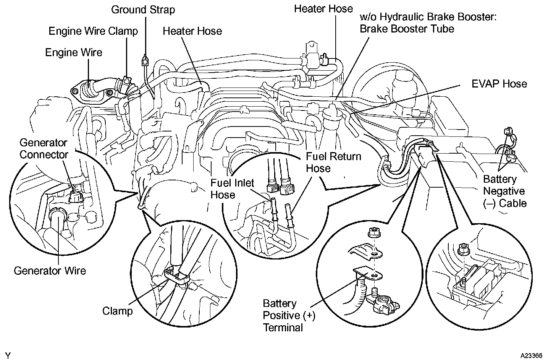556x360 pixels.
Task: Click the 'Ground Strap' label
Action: [143, 10]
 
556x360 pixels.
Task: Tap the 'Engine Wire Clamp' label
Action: [93, 31]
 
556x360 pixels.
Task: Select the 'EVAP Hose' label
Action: [499, 84]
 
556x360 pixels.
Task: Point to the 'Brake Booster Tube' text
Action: [407, 29]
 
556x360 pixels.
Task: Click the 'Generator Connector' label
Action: [44, 149]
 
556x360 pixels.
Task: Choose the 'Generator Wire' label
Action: [50, 271]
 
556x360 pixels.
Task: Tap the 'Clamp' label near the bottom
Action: [117, 311]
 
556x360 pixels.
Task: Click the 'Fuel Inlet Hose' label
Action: [232, 189]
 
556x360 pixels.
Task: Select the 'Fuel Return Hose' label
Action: [333, 162]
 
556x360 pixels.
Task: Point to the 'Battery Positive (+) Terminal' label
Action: [289, 315]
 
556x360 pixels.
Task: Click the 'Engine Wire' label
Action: [74, 52]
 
